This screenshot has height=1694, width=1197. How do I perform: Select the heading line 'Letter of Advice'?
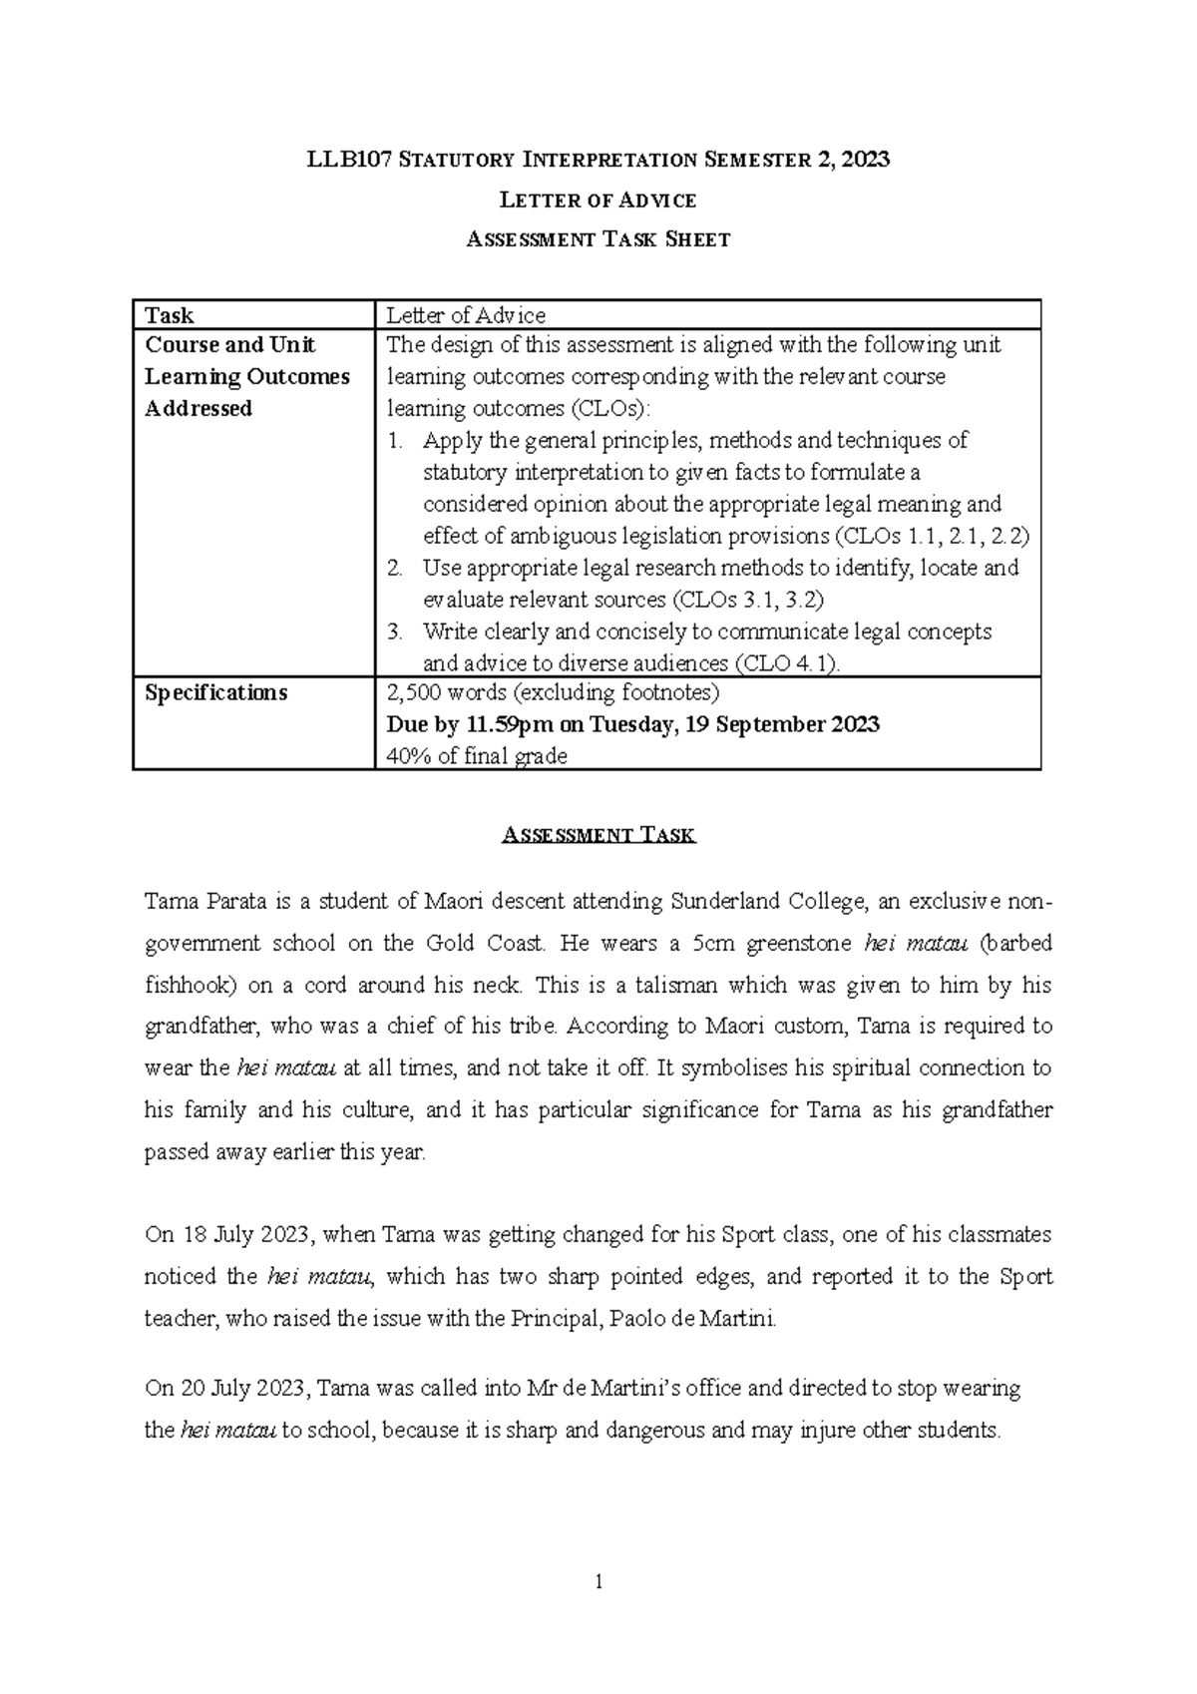point(598,201)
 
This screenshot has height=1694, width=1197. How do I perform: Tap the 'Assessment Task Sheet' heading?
point(598,239)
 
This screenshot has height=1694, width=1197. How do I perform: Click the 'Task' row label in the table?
point(170,315)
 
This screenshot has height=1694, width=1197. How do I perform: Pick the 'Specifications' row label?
point(215,692)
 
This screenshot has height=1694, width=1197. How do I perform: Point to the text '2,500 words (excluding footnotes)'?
point(552,692)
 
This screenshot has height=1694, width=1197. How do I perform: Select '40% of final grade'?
point(477,756)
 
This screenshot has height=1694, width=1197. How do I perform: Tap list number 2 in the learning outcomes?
point(395,569)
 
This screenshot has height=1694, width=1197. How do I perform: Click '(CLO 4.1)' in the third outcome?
point(788,663)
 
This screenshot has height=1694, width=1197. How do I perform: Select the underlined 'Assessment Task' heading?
point(598,835)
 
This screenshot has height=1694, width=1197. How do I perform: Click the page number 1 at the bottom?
point(598,1581)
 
